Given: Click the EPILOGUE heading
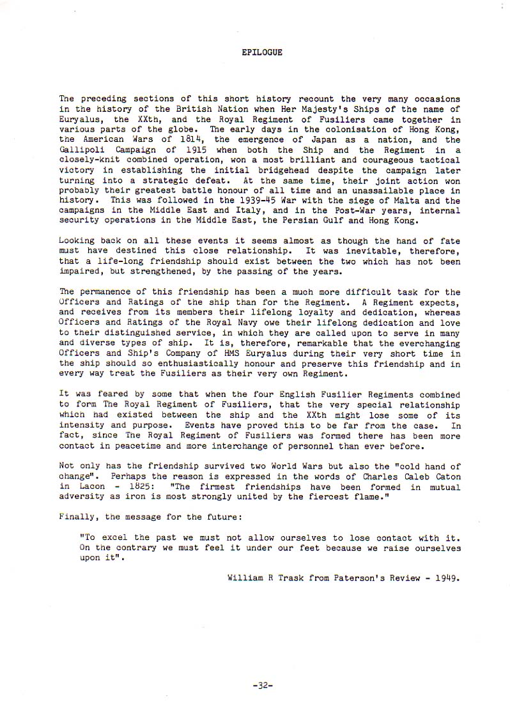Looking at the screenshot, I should click(x=262, y=52).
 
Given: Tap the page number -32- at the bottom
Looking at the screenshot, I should click(x=263, y=684).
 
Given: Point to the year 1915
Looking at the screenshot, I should click(x=183, y=150).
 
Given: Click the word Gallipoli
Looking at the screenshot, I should click(x=82, y=150).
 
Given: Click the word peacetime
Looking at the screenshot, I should click(x=130, y=447).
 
